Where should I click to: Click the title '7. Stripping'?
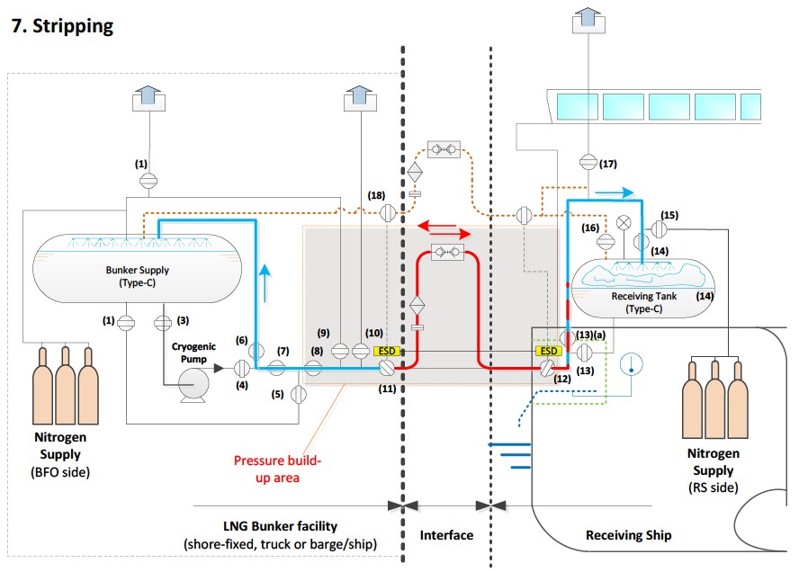point(62,25)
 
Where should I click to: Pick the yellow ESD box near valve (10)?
point(386,350)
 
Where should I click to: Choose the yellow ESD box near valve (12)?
point(547,350)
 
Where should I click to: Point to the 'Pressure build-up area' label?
point(277,469)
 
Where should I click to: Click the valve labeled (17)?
point(587,162)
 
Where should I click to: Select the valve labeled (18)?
point(387,213)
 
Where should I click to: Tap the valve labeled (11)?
point(387,368)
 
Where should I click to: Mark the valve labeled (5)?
point(300,393)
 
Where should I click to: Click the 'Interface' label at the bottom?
point(446,535)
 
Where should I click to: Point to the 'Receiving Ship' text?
point(628,535)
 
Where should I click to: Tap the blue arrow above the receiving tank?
point(621,192)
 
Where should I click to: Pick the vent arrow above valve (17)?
point(587,17)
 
